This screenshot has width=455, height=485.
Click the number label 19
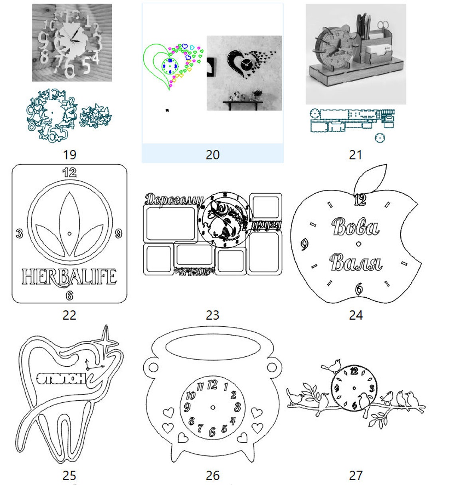pyautogui.click(x=69, y=155)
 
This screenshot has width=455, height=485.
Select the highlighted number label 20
pyautogui.click(x=212, y=155)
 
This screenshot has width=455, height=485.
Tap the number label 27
pyautogui.click(x=356, y=475)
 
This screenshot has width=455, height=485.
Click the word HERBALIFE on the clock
pyautogui.click(x=69, y=277)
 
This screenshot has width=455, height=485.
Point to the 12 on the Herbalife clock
pyautogui.click(x=69, y=173)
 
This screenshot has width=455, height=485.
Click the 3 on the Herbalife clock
pyautogui.click(x=19, y=233)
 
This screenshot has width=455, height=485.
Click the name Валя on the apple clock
pyautogui.click(x=356, y=262)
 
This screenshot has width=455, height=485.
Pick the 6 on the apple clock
pyautogui.click(x=359, y=288)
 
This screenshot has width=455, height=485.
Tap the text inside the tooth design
pyautogui.click(x=62, y=378)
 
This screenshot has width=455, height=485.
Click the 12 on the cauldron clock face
pyautogui.click(x=212, y=385)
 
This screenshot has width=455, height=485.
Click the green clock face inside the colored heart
pyautogui.click(x=170, y=66)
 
